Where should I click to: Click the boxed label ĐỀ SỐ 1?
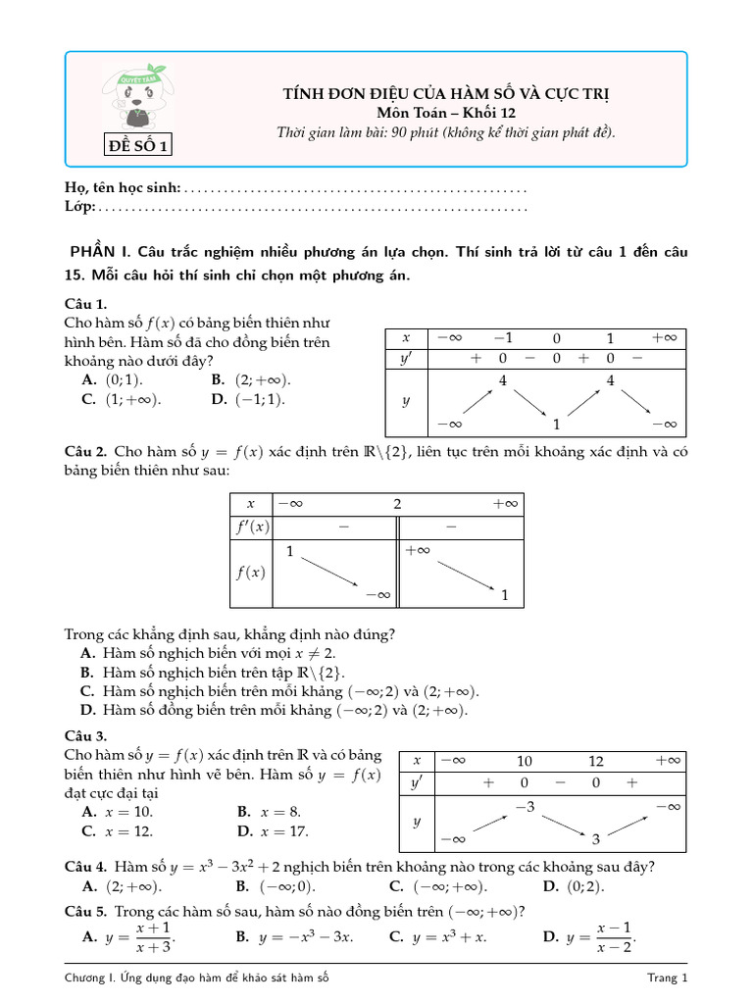click(x=138, y=147)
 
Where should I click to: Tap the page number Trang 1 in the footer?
click(x=668, y=978)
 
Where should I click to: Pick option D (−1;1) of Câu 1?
click(x=251, y=399)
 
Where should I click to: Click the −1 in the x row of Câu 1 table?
click(x=503, y=337)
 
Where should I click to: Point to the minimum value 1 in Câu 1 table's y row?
click(x=556, y=425)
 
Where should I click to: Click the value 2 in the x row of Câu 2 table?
click(x=397, y=503)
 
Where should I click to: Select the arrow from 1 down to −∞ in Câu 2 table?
click(x=329, y=573)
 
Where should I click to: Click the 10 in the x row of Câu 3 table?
click(x=525, y=761)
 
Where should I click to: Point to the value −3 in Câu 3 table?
click(x=525, y=806)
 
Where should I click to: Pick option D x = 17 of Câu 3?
click(x=274, y=831)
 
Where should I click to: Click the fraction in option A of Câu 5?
click(x=154, y=937)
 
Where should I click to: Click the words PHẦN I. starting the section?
click(x=101, y=252)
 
